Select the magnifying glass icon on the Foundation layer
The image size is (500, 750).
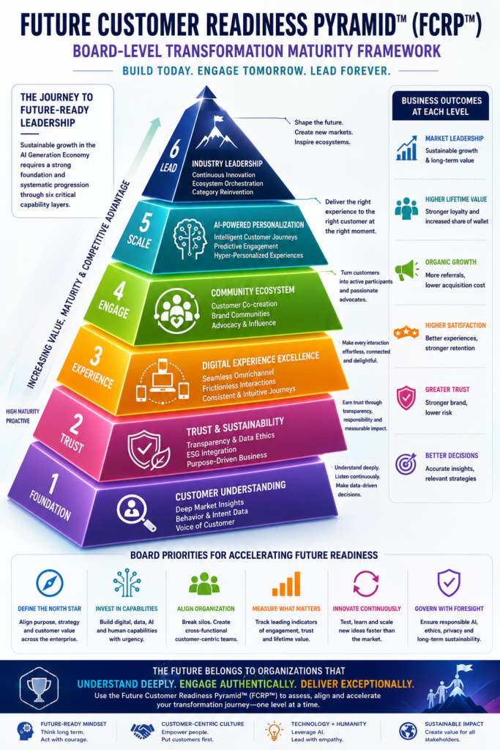tap(136, 513)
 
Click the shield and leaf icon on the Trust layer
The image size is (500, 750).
tap(149, 450)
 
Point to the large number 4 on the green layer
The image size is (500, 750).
tap(119, 291)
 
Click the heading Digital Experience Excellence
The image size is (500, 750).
tap(261, 360)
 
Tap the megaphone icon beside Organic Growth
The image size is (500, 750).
tap(406, 271)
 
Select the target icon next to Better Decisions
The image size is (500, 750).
tap(406, 464)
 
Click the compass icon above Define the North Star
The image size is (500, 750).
tap(50, 583)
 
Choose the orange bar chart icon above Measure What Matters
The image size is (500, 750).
tap(286, 584)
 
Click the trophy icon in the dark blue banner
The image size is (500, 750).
tap(39, 688)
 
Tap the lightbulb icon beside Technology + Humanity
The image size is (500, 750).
tap(274, 731)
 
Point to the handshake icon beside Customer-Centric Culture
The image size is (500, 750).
tap(143, 731)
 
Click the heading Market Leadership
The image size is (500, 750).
tap(454, 138)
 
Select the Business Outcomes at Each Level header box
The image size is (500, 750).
tap(440, 105)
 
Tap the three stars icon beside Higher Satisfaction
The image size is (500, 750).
tap(406, 332)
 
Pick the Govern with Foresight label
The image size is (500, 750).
tap(449, 609)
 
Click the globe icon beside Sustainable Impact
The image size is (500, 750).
tap(408, 731)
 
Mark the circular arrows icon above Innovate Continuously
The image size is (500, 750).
tap(366, 584)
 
